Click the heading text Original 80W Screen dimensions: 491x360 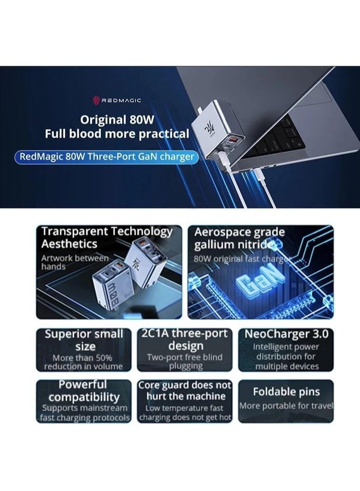(x=117, y=119)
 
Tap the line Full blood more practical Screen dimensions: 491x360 (x=117, y=134)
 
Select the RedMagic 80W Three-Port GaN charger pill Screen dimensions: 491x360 (x=106, y=156)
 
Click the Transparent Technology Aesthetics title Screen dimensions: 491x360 (x=106, y=237)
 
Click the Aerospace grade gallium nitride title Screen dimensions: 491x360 (x=239, y=238)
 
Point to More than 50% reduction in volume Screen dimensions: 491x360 (x=83, y=362)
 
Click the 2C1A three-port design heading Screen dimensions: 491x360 (x=185, y=339)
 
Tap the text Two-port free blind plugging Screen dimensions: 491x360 (x=185, y=362)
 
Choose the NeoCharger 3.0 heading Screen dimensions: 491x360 (x=286, y=334)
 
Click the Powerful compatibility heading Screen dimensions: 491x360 (x=84, y=391)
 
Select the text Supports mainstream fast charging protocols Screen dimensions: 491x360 (x=84, y=413)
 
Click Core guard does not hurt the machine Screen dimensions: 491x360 (x=185, y=390)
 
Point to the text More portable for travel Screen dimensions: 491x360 (x=286, y=406)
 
